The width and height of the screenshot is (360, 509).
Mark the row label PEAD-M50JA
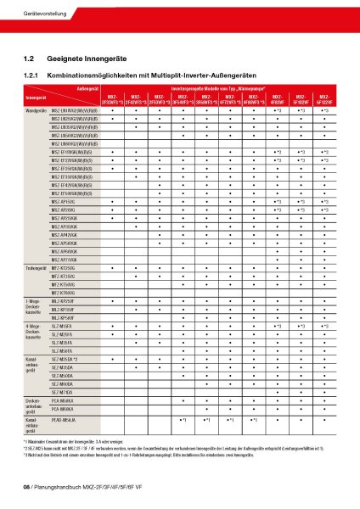[x=64, y=420]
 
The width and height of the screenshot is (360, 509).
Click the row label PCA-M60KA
[x=64, y=408]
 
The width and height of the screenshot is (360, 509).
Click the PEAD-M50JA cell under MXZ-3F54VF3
[x=183, y=420]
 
